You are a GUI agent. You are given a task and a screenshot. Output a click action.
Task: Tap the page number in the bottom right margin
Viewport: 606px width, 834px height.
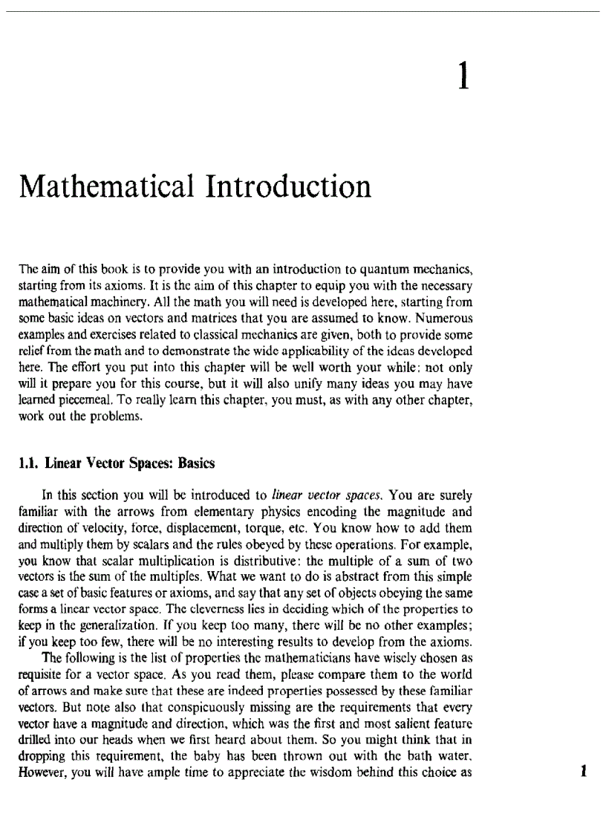[x=585, y=751]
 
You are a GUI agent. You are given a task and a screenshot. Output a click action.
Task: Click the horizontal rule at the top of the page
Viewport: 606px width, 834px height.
[x=303, y=11]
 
